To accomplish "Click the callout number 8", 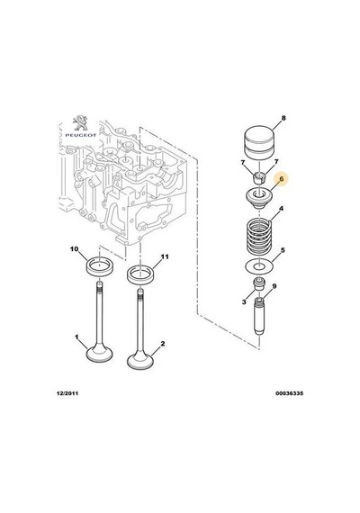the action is (x=283, y=118).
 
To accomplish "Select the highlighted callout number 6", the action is (x=282, y=178).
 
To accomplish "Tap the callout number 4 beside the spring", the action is (x=281, y=209).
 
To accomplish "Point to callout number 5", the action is (x=283, y=250).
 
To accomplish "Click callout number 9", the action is (x=274, y=286).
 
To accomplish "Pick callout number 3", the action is (x=244, y=302).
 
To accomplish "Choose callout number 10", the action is (x=75, y=249).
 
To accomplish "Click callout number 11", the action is (x=165, y=256).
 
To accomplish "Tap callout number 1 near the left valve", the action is (x=76, y=337).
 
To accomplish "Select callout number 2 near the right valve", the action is (x=163, y=344).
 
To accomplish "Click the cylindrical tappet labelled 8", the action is (x=259, y=142).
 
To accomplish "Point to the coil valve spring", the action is (x=259, y=237).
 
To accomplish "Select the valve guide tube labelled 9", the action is (x=259, y=316).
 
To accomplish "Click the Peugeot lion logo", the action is (x=80, y=123).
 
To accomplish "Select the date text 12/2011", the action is (x=67, y=393).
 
